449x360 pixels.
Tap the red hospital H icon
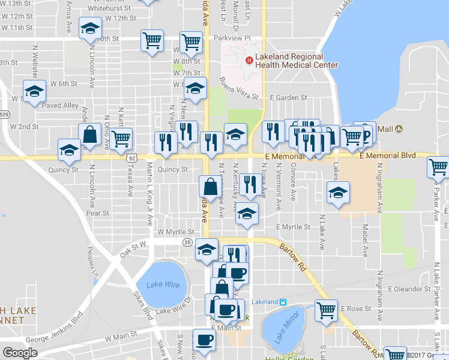[x=249, y=59]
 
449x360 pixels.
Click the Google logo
[x=20, y=353]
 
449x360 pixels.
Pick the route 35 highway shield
[x=187, y=242]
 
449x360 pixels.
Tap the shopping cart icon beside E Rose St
[x=326, y=310]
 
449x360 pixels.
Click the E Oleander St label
[x=411, y=289]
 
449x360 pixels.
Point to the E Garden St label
[x=289, y=97]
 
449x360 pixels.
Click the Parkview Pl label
[x=231, y=38]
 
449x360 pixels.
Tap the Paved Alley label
[x=62, y=106]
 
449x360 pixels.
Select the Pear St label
[x=97, y=213]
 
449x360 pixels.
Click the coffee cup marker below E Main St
[x=204, y=340]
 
